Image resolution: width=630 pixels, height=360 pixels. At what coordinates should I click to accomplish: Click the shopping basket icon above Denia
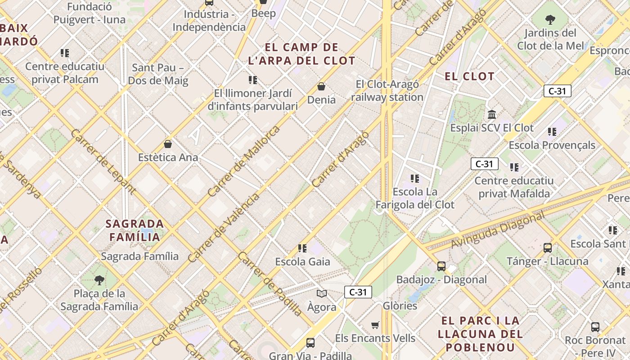[321, 86]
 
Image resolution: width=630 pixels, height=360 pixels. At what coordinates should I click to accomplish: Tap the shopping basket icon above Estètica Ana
[168, 144]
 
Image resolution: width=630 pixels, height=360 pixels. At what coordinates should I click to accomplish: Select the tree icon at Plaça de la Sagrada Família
[99, 280]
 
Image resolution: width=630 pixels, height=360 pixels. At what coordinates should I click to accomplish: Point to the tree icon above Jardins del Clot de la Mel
[550, 20]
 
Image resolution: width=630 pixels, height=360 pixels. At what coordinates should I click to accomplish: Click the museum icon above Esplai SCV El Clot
[492, 114]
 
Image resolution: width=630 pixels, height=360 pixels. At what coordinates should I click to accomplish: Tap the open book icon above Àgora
[321, 294]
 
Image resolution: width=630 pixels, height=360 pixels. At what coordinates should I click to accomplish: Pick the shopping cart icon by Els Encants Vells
[375, 325]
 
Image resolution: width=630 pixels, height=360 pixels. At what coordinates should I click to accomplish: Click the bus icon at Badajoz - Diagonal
[441, 266]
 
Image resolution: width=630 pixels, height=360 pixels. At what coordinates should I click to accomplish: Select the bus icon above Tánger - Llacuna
[548, 247]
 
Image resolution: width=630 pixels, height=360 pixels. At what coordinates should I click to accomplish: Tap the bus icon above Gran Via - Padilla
[310, 343]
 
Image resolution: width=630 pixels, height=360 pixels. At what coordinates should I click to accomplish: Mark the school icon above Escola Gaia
[302, 248]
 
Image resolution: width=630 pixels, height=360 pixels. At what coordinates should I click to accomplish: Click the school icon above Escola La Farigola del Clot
[415, 179]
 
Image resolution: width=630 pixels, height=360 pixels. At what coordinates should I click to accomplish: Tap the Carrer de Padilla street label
[270, 284]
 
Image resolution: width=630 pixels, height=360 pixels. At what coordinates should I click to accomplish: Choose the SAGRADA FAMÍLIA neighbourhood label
[135, 230]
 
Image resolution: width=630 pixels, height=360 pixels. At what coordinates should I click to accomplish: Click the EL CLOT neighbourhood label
[469, 76]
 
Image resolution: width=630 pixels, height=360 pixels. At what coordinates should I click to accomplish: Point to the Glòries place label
[400, 306]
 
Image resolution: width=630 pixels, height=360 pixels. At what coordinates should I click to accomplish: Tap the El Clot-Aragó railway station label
[387, 90]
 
